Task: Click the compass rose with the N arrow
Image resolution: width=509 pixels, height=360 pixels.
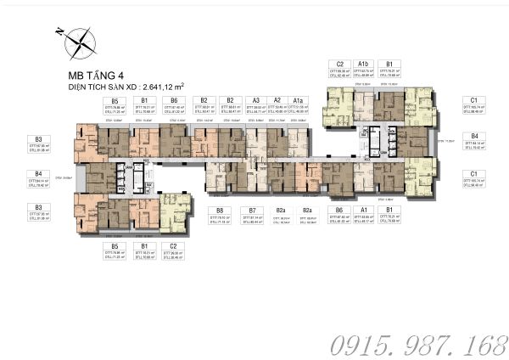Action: coord(77,39)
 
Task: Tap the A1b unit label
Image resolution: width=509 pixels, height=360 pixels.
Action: coord(363,64)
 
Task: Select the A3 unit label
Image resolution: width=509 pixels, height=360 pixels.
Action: coord(255,99)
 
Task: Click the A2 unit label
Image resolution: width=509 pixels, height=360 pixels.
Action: coord(277,99)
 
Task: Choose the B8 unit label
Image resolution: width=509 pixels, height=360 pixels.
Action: coord(219,210)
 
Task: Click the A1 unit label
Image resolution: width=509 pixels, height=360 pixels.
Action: coord(364,210)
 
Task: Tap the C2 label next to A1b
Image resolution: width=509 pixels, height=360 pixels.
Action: coord(339,64)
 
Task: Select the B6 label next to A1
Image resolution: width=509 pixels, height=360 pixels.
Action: coord(339,210)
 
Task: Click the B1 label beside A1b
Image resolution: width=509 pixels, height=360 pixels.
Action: coord(389,64)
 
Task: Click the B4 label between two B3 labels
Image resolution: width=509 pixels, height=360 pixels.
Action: coord(38,173)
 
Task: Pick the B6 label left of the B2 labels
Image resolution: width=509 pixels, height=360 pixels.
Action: coord(173,99)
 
